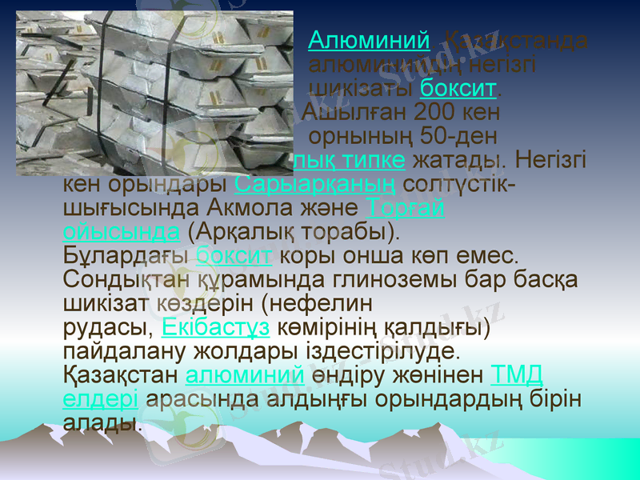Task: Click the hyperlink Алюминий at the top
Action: click(369, 39)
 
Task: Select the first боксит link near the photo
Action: click(459, 86)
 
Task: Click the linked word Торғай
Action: click(407, 208)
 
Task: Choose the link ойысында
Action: click(120, 232)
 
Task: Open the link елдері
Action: click(100, 398)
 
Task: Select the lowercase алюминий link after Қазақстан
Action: click(244, 374)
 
